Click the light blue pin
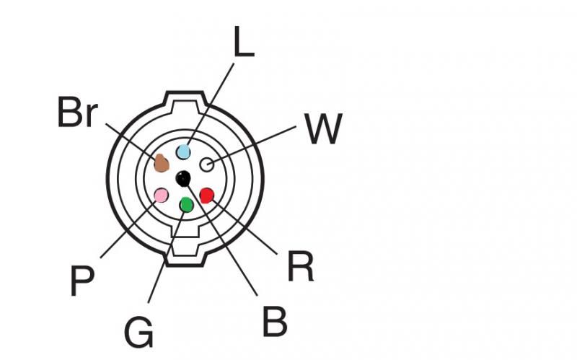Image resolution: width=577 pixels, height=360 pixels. pyautogui.click(x=183, y=152)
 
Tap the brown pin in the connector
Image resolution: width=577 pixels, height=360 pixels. pyautogui.click(x=162, y=164)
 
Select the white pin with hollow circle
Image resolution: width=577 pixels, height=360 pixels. pyautogui.click(x=206, y=164)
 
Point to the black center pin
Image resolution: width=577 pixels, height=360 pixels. pyautogui.click(x=183, y=177)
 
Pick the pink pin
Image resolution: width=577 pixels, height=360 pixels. pyautogui.click(x=162, y=196)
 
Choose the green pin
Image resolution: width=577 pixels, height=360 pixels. pyautogui.click(x=186, y=205)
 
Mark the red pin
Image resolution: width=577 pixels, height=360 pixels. pyautogui.click(x=207, y=195)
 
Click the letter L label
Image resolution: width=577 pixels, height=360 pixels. pyautogui.click(x=243, y=44)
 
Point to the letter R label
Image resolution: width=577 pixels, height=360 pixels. pyautogui.click(x=300, y=267)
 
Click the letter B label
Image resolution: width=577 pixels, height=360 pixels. pyautogui.click(x=275, y=322)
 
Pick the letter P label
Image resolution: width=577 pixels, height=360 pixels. pyautogui.click(x=83, y=281)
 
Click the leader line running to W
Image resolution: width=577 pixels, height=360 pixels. pyautogui.click(x=252, y=144)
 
